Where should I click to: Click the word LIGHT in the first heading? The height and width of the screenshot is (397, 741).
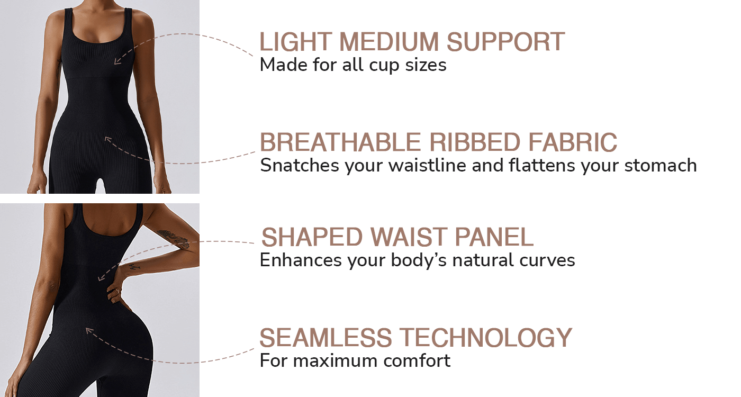coord(296,42)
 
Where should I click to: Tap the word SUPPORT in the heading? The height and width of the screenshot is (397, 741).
coord(505,42)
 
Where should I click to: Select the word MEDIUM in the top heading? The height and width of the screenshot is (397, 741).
coord(389,42)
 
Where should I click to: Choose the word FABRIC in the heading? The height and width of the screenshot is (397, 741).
coord(573,142)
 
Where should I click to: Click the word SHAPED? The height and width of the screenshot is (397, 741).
coord(312,237)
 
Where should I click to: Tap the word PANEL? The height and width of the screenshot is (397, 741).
coord(494,237)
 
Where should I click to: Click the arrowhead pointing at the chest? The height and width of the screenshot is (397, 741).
coord(117,60)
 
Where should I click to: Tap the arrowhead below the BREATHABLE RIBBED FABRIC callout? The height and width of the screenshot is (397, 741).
coord(108,140)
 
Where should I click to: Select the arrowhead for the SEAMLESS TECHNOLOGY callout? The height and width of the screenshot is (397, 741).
coord(89,330)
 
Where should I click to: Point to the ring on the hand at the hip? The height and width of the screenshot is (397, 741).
coord(117,291)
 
